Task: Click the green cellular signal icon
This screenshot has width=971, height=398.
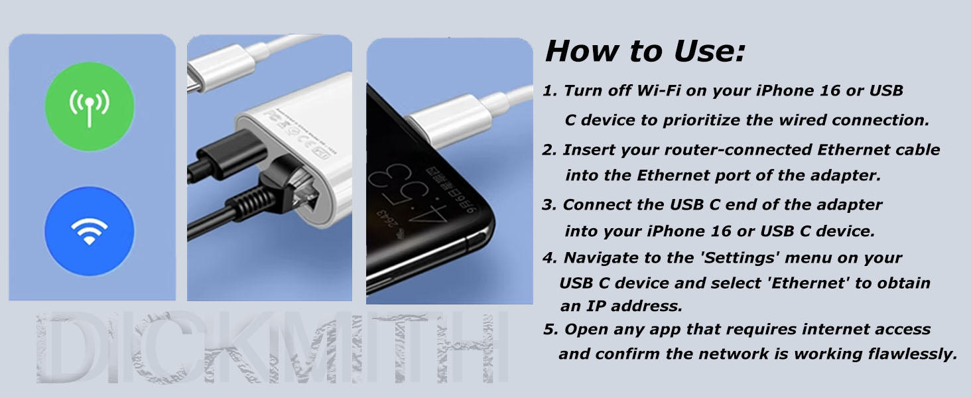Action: pyautogui.click(x=90, y=106)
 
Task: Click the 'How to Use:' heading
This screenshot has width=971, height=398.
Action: pyautogui.click(x=645, y=51)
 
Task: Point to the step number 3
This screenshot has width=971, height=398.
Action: pyautogui.click(x=549, y=205)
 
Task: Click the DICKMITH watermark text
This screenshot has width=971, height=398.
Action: pyautogui.click(x=272, y=348)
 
